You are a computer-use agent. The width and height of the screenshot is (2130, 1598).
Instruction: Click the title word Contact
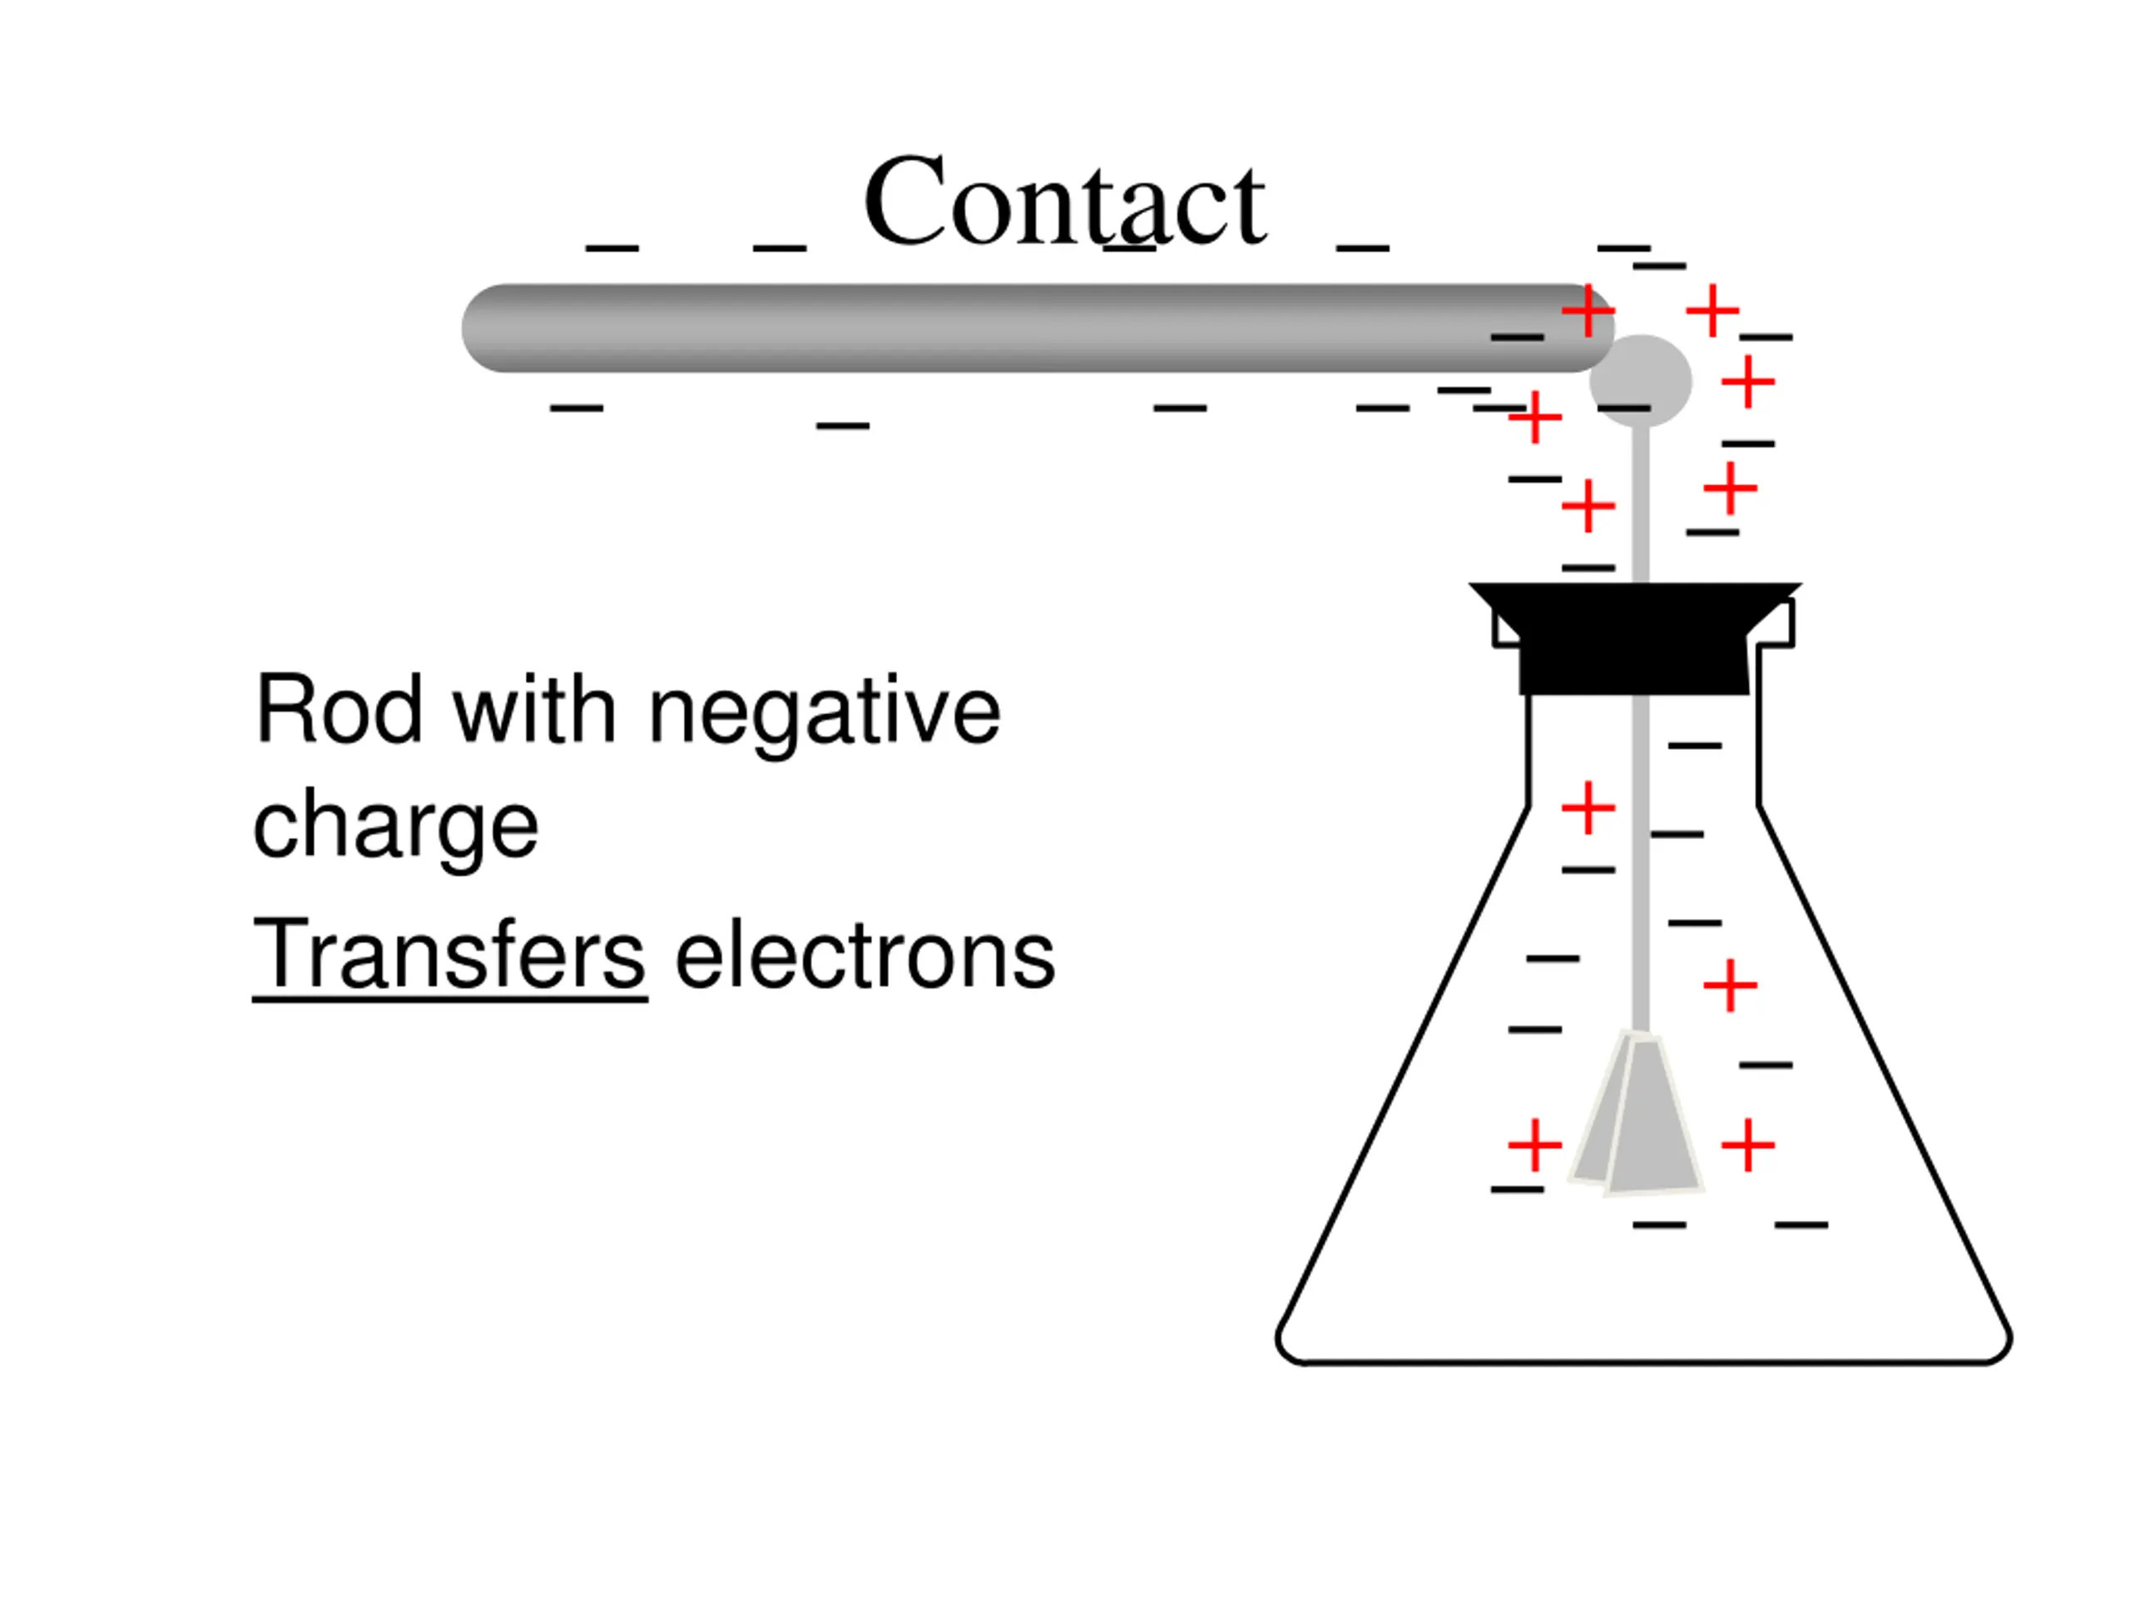click(1063, 202)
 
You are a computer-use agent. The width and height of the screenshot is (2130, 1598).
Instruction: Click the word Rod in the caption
click(338, 711)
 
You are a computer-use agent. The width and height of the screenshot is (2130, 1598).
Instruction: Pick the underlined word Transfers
click(448, 954)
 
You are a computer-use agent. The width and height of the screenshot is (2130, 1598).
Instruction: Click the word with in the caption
click(534, 711)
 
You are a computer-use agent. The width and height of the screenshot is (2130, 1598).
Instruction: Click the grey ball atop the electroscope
click(1640, 378)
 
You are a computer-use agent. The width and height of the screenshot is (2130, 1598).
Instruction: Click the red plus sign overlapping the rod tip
click(1587, 311)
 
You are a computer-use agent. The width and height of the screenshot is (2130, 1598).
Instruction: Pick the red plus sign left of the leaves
click(1534, 1145)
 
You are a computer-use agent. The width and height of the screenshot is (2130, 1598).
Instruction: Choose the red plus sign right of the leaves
click(1748, 1145)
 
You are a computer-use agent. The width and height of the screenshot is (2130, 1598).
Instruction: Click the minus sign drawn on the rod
click(1517, 337)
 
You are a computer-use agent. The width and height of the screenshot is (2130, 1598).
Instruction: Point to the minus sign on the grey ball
click(1623, 409)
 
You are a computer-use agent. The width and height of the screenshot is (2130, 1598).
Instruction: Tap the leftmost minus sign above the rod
click(612, 249)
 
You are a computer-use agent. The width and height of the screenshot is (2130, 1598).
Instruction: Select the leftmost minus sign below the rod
click(576, 409)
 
